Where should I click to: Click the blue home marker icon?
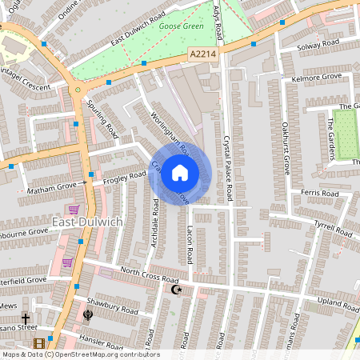[x=180, y=172]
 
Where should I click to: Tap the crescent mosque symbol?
[x=177, y=290]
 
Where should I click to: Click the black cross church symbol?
[x=26, y=318]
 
